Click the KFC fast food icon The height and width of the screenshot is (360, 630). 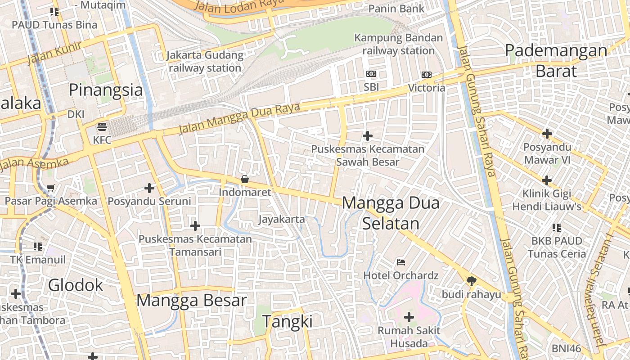pos(102,127)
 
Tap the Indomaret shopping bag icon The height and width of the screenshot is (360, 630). pos(245,179)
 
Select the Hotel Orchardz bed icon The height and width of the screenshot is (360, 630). pos(400,262)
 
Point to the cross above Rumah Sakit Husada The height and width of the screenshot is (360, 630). pos(409,317)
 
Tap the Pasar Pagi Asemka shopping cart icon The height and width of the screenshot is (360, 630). pos(50,188)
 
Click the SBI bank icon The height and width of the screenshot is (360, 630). pos(371,74)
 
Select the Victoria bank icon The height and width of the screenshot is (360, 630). pos(426,74)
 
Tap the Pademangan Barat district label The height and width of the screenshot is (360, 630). pos(556,60)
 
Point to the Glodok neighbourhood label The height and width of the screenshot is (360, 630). pos(76,285)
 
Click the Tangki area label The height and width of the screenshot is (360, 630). pos(287,322)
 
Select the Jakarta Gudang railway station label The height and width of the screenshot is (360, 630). pos(205,62)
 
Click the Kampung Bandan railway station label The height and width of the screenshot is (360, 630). pos(398,44)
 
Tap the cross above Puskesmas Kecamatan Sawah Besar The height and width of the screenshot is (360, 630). pos(368,135)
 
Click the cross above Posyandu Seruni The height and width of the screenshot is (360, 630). pos(149,188)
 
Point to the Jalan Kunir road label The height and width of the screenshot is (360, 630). pos(54,53)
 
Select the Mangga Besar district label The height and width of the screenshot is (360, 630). pos(192,300)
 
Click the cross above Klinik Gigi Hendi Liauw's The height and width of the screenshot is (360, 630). pos(546,180)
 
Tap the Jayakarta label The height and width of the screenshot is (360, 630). pos(281,220)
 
